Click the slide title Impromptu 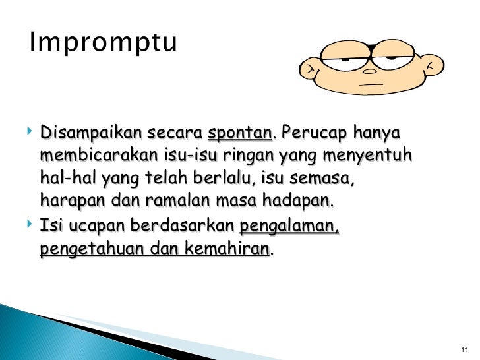pyautogui.click(x=104, y=44)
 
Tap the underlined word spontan pyautogui.click(x=239, y=134)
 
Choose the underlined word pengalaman pyautogui.click(x=289, y=227)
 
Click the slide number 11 pyautogui.click(x=464, y=349)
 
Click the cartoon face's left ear pyautogui.click(x=309, y=68)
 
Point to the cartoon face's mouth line pyautogui.click(x=373, y=84)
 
